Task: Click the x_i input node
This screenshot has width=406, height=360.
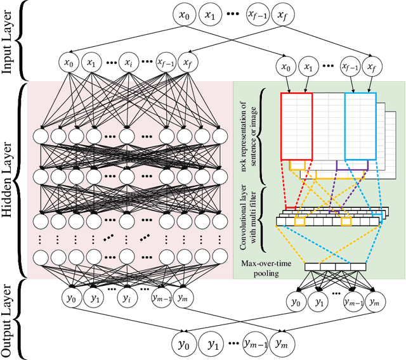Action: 129,63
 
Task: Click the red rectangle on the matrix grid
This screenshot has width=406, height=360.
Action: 296,125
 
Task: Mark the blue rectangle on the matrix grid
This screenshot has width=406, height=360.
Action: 360,125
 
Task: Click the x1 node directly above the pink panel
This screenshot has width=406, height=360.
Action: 93,63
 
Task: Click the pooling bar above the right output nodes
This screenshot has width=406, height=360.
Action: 336,267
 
